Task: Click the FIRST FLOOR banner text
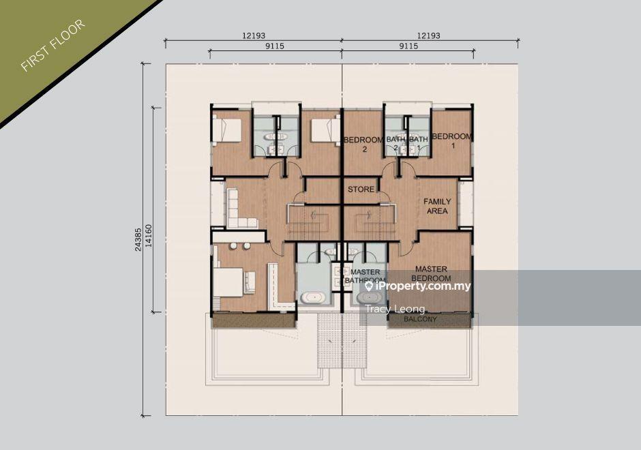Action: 53,46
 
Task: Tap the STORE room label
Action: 361,190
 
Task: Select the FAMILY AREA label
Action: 437,206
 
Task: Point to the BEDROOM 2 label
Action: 364,145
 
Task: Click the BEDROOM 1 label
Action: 451,140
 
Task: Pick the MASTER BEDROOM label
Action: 431,273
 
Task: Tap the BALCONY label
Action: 420,319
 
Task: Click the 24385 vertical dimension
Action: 138,239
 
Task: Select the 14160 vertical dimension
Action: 149,236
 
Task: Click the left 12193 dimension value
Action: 254,35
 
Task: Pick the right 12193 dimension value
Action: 428,35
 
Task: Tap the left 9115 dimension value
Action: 275,46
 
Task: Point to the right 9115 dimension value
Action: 408,46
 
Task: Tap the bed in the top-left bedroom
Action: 228,128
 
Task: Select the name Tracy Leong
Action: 395,309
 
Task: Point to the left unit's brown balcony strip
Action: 254,320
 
